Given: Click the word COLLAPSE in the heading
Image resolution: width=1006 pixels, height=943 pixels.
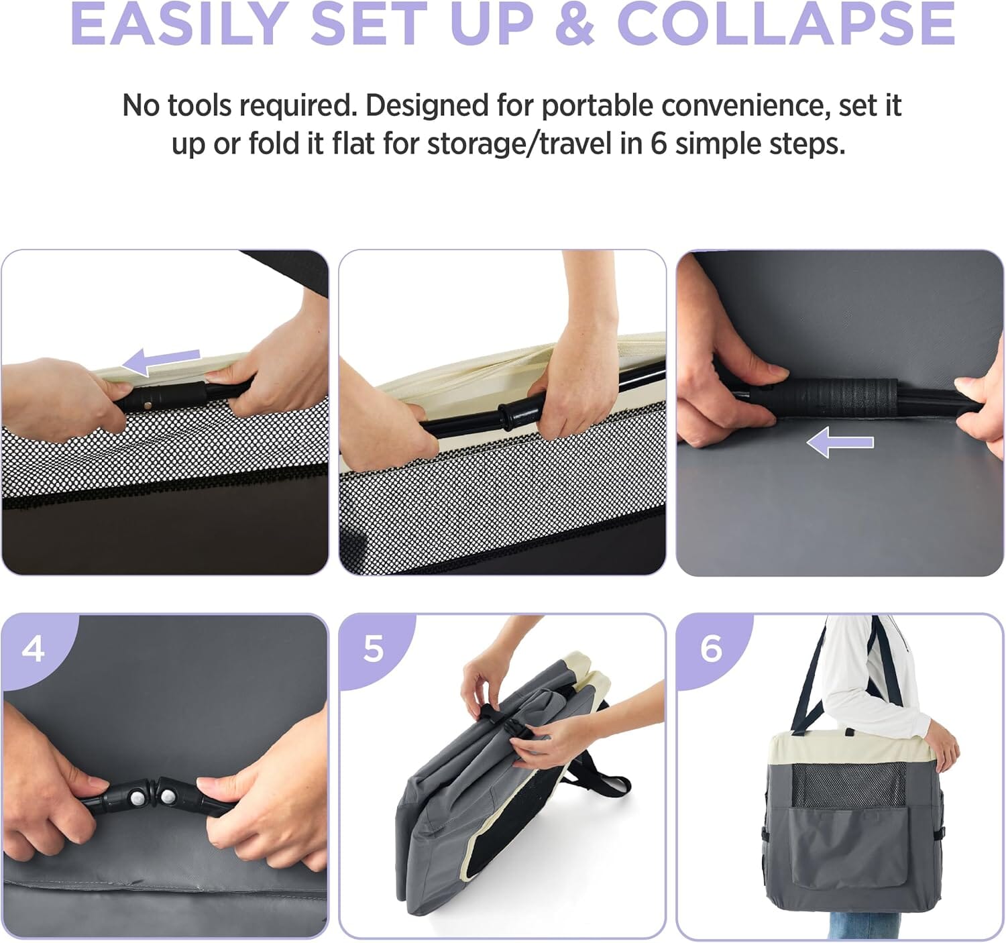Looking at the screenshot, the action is pos(785,24).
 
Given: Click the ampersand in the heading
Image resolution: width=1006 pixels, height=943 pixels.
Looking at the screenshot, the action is pos(575,24).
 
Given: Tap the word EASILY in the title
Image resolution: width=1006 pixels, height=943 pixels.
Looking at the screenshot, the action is pos(180,24).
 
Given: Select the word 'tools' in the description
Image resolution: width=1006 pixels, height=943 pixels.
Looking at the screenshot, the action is pos(200,106).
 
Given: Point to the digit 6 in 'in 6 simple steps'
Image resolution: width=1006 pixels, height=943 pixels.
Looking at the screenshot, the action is pos(658,144).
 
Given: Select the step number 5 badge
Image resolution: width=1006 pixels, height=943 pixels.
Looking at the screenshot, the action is pos(374,649).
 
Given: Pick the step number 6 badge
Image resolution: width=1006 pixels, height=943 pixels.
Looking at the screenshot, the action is pos(711,649).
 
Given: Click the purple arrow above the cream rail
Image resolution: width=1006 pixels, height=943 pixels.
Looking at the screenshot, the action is pos(161,361).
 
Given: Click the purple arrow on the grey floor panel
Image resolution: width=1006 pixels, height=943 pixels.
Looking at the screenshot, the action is pos(840,442).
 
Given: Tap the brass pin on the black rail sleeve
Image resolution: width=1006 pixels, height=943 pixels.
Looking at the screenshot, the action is pos(148,405).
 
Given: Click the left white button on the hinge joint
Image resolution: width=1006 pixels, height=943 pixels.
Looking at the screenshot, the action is pos(137,798).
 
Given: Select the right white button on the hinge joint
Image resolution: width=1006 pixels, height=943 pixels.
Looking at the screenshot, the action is pos(168,797).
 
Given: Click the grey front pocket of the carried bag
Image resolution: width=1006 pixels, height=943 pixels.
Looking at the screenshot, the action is pos(846,846).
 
